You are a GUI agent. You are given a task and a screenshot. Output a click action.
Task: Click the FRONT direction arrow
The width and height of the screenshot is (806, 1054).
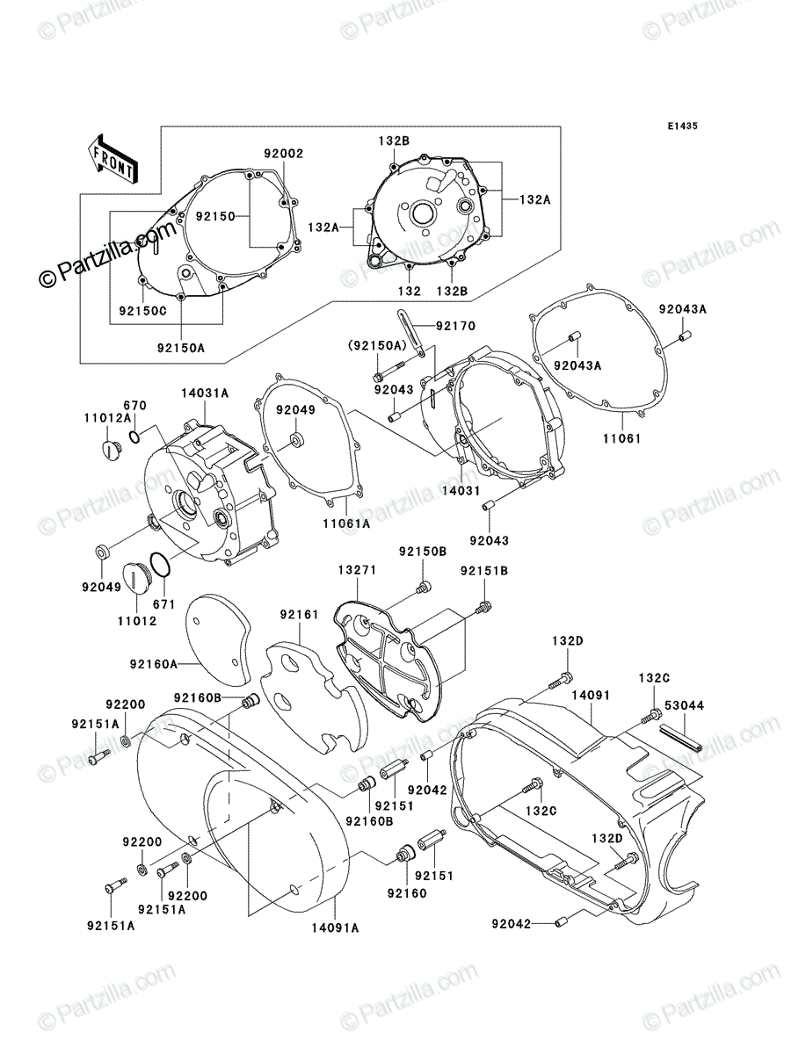[x=112, y=158]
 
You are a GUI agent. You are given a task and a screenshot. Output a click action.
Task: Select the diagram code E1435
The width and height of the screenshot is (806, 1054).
[x=682, y=126]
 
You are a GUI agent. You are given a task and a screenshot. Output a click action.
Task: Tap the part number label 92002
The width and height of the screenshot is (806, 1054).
[x=284, y=153]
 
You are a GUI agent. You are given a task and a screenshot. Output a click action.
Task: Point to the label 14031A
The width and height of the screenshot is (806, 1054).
[x=205, y=393]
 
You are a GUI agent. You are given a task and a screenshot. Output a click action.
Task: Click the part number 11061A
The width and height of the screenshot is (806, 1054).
[x=346, y=523]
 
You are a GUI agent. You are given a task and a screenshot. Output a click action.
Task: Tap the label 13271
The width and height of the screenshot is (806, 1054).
[x=357, y=569]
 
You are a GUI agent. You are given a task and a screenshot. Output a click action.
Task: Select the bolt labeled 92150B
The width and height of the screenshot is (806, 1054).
[x=423, y=587]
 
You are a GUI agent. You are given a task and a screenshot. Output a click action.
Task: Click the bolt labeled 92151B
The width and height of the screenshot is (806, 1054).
[x=483, y=607]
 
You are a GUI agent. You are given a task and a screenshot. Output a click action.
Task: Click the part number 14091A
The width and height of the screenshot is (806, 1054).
[x=335, y=928]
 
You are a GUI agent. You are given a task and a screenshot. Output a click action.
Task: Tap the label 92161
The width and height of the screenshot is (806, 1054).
[x=300, y=614]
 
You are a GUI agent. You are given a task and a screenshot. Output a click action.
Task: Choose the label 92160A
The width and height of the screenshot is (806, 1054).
[x=153, y=664]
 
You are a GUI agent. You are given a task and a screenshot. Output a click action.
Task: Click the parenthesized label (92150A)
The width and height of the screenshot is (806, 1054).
[x=378, y=345]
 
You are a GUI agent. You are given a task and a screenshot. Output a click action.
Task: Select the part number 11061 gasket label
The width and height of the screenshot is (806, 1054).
[x=622, y=438]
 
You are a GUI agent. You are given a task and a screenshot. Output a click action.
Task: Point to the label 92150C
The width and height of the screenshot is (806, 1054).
[x=142, y=311]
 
